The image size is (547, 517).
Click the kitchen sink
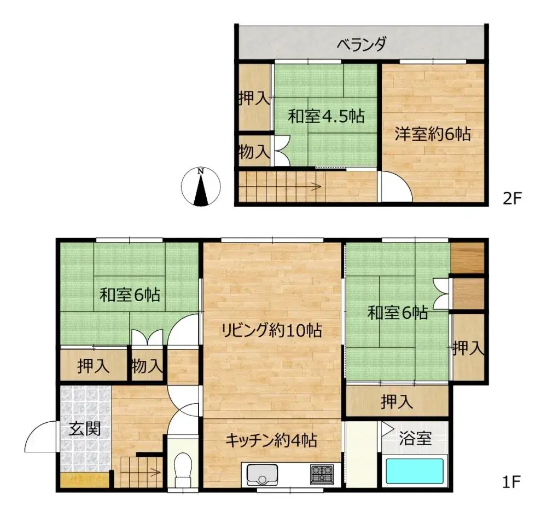[263, 474]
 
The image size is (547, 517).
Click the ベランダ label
[362, 44]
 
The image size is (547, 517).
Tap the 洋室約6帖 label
[433, 134]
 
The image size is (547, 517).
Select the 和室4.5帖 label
[326, 116]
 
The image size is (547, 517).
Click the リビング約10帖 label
[271, 330]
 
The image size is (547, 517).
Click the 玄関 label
[85, 429]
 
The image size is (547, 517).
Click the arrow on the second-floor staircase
[315, 187]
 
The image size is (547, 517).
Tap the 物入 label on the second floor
[254, 152]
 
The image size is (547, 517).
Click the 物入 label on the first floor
[147, 365]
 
